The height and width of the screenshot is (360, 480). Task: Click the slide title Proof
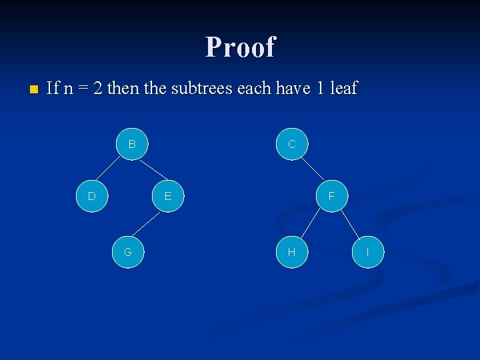240,47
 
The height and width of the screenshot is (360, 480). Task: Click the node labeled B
132,144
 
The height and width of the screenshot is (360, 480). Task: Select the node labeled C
292,144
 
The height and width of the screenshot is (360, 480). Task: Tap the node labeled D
92,196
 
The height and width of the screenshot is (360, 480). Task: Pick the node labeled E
168,196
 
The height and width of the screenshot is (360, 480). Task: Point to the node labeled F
331,196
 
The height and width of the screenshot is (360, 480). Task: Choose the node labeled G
127,252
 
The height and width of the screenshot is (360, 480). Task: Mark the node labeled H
291,252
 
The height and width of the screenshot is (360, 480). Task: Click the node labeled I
368,252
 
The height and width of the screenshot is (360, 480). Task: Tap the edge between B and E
150,170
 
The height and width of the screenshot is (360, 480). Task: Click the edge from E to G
148,224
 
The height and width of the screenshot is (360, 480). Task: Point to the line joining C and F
311,170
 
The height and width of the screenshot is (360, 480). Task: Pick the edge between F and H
311,224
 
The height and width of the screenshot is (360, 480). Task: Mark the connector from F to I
349,224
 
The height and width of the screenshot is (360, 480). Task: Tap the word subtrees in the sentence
203,88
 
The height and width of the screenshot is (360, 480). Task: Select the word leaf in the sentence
344,88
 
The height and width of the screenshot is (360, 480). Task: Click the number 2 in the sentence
98,88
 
